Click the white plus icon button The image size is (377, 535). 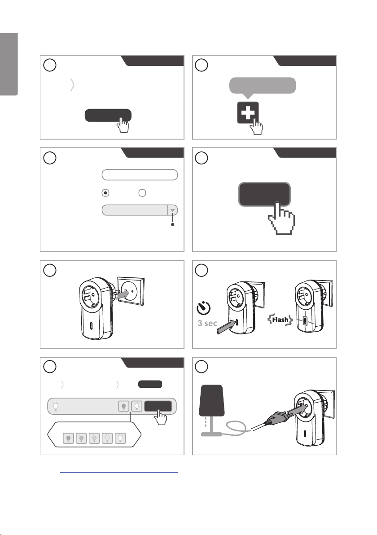(248, 113)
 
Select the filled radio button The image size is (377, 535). (106, 193)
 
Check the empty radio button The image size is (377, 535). (142, 193)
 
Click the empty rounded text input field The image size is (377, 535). (140, 175)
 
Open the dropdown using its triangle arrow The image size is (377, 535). (173, 210)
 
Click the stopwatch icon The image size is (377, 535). (203, 308)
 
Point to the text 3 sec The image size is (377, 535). (207, 323)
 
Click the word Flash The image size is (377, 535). (280, 320)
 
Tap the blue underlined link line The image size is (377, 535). (119, 473)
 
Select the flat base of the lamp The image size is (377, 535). (211, 434)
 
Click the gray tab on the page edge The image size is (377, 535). (9, 65)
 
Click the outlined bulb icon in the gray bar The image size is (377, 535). (136, 406)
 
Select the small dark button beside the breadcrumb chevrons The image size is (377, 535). (150, 384)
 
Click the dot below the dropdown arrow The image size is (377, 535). (173, 224)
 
